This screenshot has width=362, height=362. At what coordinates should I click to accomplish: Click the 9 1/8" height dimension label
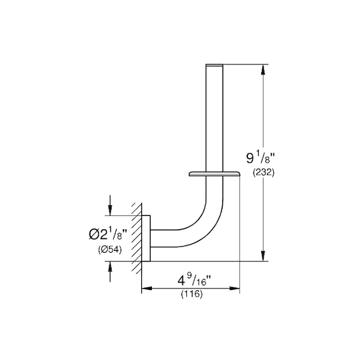[x=261, y=157]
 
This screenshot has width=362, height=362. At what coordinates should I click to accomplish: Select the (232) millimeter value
[x=264, y=173]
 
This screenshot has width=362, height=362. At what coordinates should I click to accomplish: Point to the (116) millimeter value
[x=192, y=294]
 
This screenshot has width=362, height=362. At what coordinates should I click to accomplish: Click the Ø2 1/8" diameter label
[x=108, y=233]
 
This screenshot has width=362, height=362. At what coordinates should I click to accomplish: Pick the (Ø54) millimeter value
[x=110, y=249]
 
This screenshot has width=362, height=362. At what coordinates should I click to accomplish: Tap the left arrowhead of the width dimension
[x=147, y=288]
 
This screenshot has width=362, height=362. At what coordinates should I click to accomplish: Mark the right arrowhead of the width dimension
[x=235, y=288]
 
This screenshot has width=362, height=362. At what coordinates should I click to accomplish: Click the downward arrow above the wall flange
[x=110, y=205]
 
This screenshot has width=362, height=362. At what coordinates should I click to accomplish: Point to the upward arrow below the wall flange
[x=110, y=271]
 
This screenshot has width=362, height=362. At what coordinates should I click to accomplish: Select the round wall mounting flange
[x=146, y=238]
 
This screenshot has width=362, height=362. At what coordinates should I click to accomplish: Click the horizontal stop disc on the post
[x=214, y=174]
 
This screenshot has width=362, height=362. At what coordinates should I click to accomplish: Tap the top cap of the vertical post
[x=214, y=65]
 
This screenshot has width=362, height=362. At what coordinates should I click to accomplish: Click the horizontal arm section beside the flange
[x=164, y=238]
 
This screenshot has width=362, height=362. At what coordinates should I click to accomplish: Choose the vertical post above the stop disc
[x=214, y=118]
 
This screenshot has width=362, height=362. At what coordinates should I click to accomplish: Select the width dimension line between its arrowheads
[x=191, y=288]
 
